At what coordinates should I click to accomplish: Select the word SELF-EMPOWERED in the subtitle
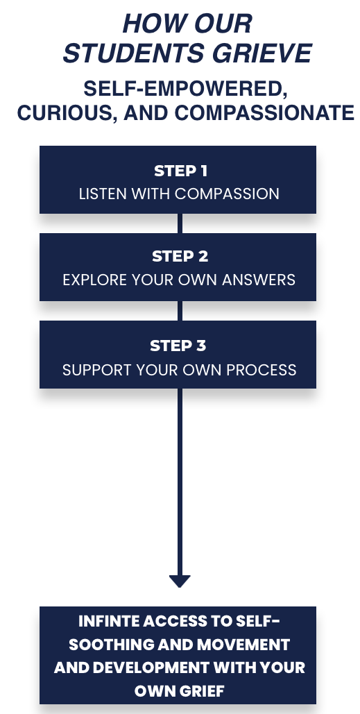coord(185,89)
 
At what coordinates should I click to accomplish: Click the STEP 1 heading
coord(180,171)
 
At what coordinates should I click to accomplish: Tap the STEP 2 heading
coord(180,256)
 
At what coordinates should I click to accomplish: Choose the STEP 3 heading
coord(178,346)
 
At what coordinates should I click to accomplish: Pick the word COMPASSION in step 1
coord(227,194)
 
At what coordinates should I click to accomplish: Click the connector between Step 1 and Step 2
coord(180,223)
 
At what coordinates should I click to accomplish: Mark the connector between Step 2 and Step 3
coord(180,311)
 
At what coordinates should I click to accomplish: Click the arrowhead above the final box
coord(180,581)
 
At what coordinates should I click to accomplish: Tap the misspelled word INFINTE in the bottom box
coord(108,621)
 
